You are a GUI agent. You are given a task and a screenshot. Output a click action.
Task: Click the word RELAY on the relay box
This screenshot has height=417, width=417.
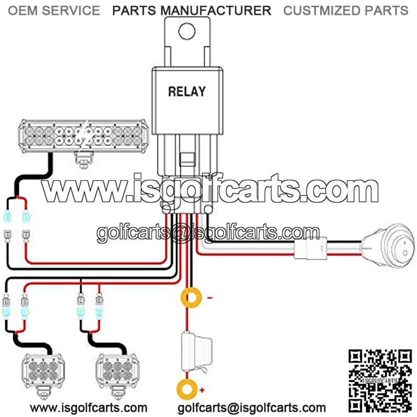tap(187, 92)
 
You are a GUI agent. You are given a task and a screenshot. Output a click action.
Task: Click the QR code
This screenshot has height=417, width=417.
tap(381, 379)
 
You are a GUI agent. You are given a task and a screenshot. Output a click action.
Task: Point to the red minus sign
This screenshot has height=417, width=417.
tap(210, 298)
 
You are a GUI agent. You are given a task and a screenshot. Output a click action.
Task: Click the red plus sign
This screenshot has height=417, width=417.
tap(202, 389)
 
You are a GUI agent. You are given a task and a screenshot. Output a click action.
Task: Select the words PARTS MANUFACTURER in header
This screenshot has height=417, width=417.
tap(191, 10)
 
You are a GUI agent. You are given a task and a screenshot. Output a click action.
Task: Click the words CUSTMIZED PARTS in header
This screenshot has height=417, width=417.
tap(346, 10)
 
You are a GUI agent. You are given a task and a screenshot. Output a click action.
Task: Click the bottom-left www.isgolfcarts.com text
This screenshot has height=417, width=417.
tap(89, 408)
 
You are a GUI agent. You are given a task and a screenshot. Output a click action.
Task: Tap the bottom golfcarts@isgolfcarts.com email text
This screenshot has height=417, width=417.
tap(252, 408)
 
